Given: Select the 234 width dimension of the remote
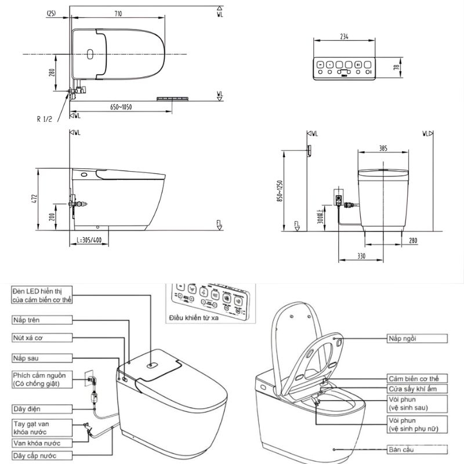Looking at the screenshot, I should click(x=345, y=36).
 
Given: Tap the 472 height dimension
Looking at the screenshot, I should click(x=35, y=199).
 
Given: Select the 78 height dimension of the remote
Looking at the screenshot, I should click(x=396, y=67).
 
